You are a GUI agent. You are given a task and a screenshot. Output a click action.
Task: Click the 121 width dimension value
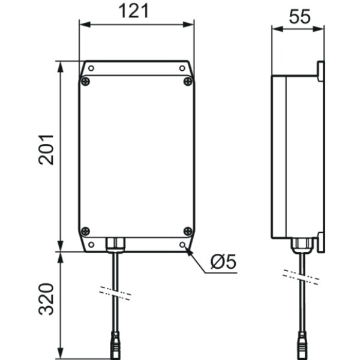coord(134,11)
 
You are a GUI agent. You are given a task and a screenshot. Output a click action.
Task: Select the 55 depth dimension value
coord(299,17)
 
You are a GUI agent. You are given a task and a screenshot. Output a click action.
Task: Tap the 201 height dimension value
coord(46,149)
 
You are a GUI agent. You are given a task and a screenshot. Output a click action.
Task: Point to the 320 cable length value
coord(46,299)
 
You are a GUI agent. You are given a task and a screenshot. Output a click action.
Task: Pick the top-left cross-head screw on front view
coord(86,81)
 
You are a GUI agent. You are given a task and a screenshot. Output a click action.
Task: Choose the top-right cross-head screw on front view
coord(188,81)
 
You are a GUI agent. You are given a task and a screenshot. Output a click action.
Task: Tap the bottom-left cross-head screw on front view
coord(86,231)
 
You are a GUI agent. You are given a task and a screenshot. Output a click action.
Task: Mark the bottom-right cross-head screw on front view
coord(188,231)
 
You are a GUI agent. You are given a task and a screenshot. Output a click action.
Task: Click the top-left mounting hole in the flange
coord(91,68)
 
